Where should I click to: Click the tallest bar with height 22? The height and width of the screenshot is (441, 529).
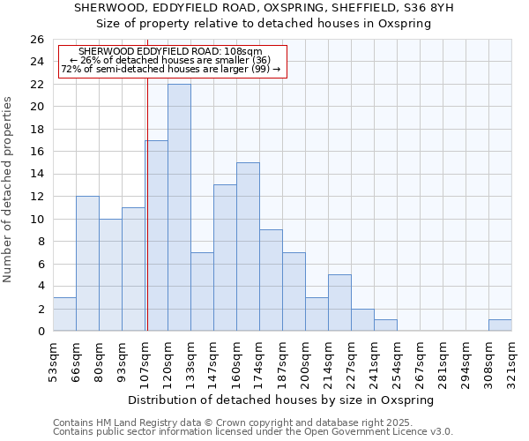(x=179, y=207)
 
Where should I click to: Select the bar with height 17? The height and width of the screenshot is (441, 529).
(x=156, y=235)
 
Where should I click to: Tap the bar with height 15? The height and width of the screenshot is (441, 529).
(x=248, y=247)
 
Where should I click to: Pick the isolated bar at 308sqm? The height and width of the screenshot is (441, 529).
(x=500, y=325)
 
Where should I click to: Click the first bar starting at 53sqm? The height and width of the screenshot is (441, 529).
(x=64, y=314)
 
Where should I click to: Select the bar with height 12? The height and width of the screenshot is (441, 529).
(x=87, y=264)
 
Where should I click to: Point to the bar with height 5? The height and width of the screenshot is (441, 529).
(x=339, y=303)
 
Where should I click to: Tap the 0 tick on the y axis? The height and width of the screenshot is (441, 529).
(x=40, y=332)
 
